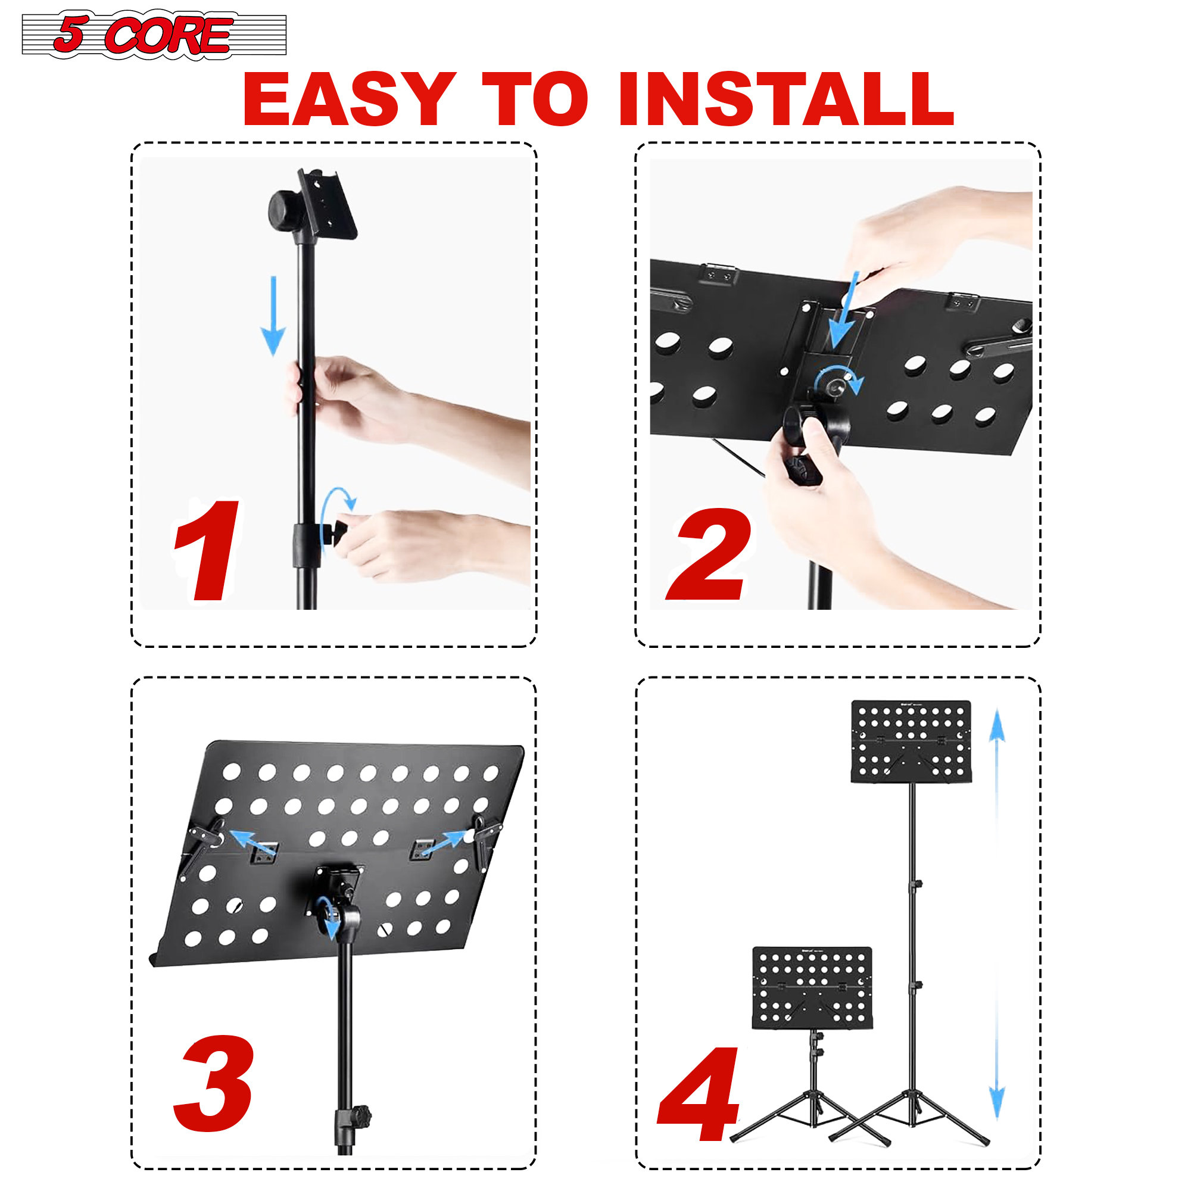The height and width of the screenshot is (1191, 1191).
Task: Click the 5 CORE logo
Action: [154, 35]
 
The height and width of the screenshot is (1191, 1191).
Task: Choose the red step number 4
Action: [700, 1093]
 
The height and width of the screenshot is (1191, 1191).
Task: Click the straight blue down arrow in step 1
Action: [273, 316]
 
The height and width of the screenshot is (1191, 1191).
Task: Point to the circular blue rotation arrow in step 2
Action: [838, 381]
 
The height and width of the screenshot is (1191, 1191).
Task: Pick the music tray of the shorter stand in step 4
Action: [812, 988]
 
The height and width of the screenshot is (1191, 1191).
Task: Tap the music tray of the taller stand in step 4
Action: [911, 740]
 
